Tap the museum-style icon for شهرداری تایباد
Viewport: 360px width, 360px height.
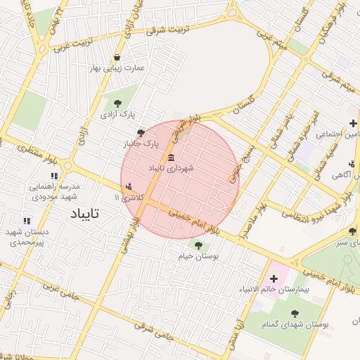coord(172,155)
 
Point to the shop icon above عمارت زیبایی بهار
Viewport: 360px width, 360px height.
coord(116,57)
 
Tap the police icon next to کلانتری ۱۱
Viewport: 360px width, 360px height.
coord(128,188)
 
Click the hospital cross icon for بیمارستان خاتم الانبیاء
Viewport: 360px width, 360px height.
coord(274,279)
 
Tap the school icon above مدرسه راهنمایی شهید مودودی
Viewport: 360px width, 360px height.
coord(53,176)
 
